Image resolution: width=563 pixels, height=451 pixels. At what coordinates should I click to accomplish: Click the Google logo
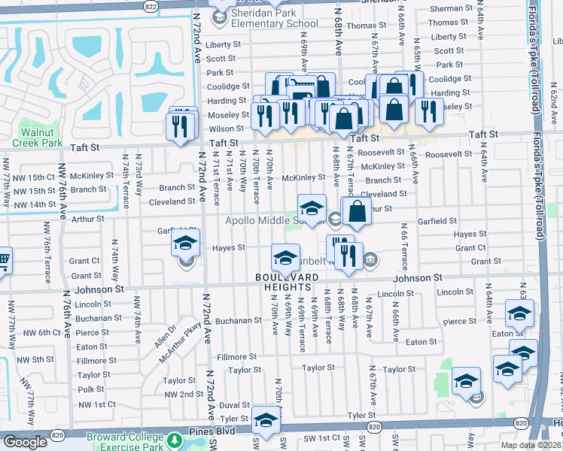[25, 442]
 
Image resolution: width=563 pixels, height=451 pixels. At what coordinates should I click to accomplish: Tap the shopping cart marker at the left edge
[3, 261]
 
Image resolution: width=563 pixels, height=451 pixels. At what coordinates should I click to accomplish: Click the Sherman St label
[450, 9]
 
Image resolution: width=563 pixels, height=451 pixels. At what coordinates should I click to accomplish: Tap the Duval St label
[234, 404]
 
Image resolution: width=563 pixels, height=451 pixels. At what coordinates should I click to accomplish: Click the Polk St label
[90, 389]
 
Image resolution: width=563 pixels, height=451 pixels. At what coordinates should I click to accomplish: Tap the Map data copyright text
[530, 444]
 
